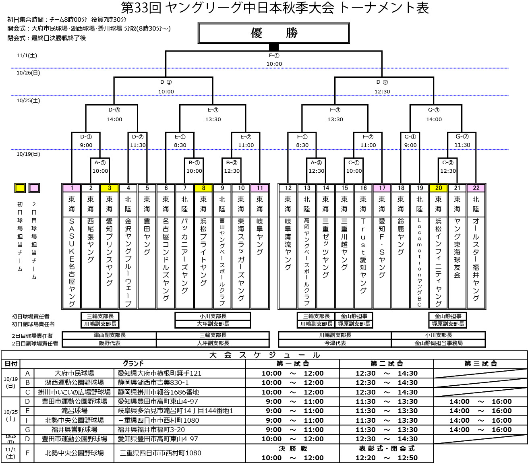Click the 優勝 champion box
pos(274,33)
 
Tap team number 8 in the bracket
pos(203,188)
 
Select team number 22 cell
pos(476,188)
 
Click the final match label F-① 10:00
pos(274,60)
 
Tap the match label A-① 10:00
pos(100,167)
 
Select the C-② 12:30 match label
pos(448,167)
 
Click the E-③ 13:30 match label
pos(213,114)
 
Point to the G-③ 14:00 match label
pos(434,114)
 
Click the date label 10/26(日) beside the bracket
pos(28,73)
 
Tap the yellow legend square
pos(20,188)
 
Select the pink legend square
pos(34,188)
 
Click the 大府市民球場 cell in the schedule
pos(75,373)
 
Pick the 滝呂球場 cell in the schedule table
pos(75,411)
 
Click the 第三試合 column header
pos(480,364)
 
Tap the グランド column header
pos(133,364)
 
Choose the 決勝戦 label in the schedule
pos(293,448)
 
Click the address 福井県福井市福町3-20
pos(151,430)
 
